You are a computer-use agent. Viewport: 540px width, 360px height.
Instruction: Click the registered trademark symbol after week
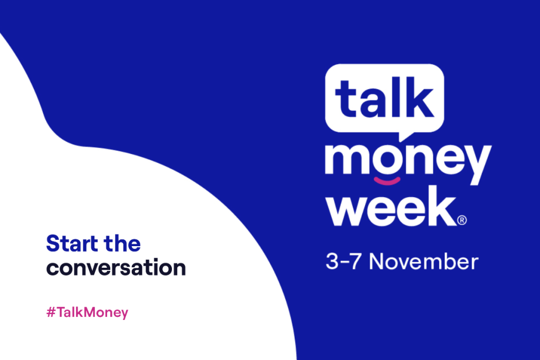(x=461, y=219)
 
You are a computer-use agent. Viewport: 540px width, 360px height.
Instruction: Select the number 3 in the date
(x=332, y=262)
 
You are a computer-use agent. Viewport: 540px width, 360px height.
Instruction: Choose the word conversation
(x=116, y=268)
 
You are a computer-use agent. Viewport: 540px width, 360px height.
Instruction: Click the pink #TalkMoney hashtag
(x=88, y=313)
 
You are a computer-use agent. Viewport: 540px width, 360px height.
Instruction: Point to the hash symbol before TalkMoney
(x=51, y=313)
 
